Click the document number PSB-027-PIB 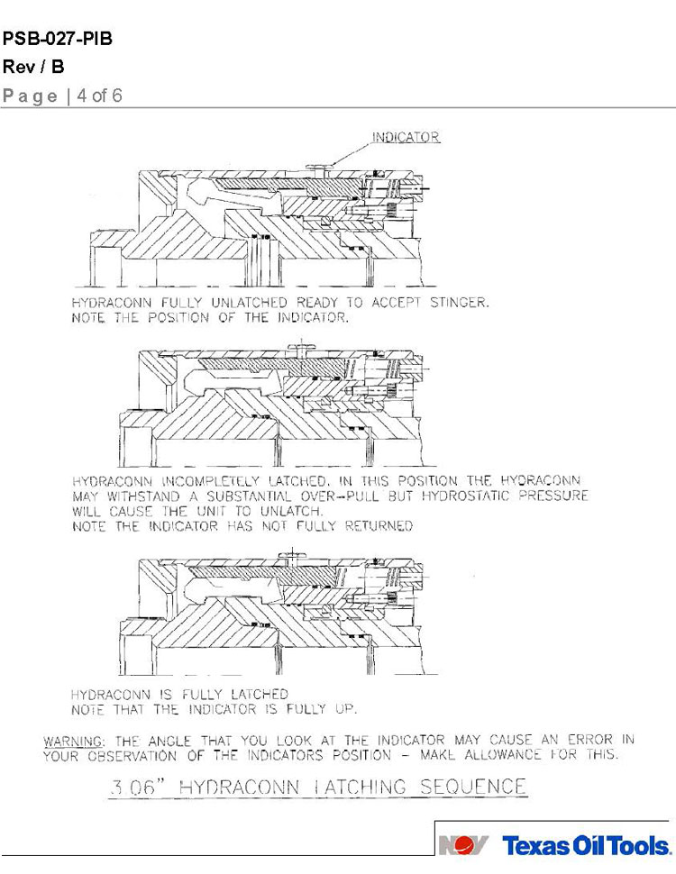point(58,39)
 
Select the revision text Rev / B point(33,67)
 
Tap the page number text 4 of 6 point(99,96)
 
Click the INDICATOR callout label point(406,137)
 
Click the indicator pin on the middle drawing point(301,350)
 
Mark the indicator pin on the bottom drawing point(290,556)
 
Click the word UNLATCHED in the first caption point(249,303)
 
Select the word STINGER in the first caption point(459,303)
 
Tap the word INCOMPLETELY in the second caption point(210,481)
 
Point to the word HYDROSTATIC point(465,496)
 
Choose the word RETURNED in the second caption point(379,526)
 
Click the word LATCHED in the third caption point(260,695)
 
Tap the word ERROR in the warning point(590,741)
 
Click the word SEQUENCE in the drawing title point(473,787)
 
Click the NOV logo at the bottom point(463,845)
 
